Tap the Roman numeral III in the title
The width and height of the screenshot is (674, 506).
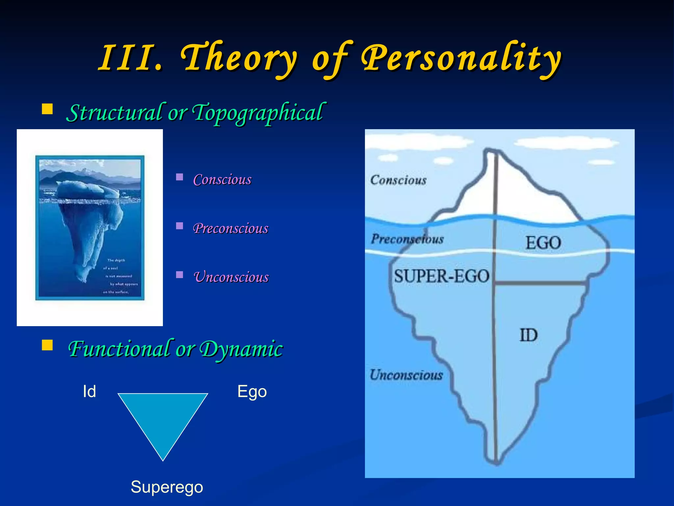130,59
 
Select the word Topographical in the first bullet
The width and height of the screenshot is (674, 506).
258,113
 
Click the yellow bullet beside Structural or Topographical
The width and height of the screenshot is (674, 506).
47,109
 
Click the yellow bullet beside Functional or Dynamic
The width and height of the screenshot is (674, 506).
47,345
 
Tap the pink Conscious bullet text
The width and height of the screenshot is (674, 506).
222,180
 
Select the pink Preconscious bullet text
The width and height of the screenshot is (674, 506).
230,229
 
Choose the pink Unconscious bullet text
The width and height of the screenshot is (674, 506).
231,277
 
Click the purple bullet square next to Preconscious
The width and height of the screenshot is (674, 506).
179,226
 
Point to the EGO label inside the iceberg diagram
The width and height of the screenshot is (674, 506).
543,243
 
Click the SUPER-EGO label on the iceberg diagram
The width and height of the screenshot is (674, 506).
442,276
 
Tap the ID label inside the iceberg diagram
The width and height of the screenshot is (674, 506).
528,335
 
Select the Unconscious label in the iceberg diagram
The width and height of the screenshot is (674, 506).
406,375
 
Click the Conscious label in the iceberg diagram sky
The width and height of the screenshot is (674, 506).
398,180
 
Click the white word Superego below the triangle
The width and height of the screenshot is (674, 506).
167,487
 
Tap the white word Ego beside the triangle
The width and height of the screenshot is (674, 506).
252,392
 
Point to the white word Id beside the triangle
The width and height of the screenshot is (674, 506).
89,392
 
